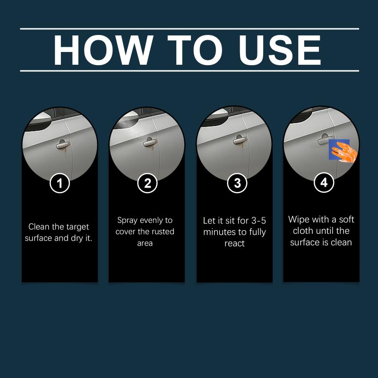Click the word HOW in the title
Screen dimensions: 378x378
click(x=103, y=50)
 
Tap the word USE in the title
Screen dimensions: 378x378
click(x=280, y=50)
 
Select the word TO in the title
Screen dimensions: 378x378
click(x=195, y=50)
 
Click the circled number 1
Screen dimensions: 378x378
click(x=60, y=183)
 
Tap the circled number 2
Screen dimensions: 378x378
click(x=147, y=183)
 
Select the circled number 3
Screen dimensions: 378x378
click(x=237, y=183)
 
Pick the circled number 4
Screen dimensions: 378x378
click(x=324, y=182)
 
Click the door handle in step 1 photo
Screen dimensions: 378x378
click(x=63, y=144)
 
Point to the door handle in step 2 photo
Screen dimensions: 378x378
click(x=150, y=142)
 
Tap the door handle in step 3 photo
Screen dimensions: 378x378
click(x=240, y=140)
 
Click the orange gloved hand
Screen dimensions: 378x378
click(x=344, y=152)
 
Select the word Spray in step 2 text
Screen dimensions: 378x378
click(x=127, y=221)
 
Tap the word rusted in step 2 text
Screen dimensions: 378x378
click(x=163, y=232)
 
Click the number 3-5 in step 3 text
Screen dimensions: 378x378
click(x=258, y=221)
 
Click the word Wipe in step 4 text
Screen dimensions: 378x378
click(x=298, y=220)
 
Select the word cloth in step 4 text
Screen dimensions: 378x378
click(x=304, y=231)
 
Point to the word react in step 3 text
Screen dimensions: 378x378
click(x=234, y=243)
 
